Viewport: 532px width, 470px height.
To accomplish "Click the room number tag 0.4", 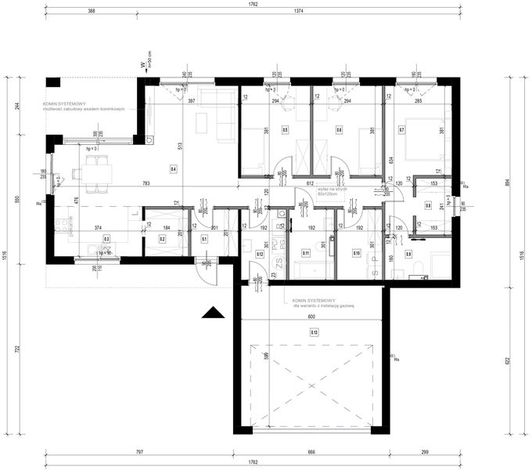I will (173, 168).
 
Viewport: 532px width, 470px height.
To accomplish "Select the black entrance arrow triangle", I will (213, 313).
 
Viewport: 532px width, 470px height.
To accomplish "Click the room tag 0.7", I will (401, 129).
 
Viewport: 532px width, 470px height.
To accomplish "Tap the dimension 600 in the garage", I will (311, 316).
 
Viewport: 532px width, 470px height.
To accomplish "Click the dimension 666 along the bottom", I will (311, 452).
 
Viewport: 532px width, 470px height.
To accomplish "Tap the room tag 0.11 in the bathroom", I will (306, 253).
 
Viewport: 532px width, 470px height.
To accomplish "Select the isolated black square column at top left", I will (53, 82).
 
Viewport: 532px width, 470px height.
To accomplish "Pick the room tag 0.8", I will (428, 205).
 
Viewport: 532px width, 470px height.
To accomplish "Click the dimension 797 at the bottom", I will (139, 452).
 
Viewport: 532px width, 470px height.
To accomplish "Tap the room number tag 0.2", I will (163, 239).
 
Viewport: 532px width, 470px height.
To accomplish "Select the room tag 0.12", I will (259, 253).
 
